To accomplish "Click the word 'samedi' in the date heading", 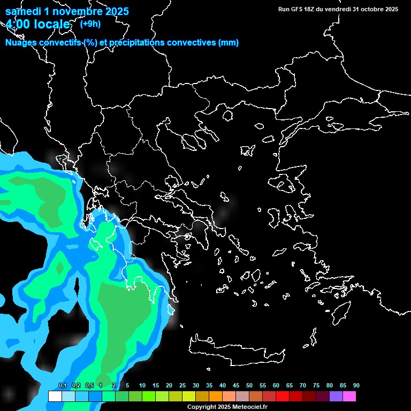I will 23,11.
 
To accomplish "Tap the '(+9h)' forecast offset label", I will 90,24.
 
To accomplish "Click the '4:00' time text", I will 18,24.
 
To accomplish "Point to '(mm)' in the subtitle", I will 229,43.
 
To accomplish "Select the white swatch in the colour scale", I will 55,397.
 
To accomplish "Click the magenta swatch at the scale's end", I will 349,397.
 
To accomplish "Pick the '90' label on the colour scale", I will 356,386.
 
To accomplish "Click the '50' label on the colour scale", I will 249,386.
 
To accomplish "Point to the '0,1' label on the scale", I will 63,386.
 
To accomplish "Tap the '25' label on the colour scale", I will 182,386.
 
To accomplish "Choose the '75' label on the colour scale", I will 316,386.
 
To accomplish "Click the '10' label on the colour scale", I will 142,386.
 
